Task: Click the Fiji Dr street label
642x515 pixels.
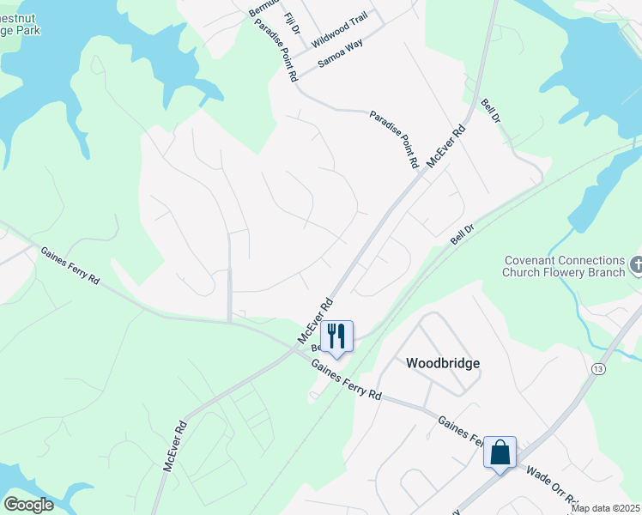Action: [294, 23]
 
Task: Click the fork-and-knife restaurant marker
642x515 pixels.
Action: [336, 336]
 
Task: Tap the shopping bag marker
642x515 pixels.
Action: [500, 451]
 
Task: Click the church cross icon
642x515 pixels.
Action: [635, 265]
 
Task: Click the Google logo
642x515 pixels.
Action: [27, 505]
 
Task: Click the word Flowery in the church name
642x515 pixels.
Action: [584, 274]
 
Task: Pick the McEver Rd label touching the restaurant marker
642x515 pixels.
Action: [314, 322]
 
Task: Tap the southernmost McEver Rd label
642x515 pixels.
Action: [175, 445]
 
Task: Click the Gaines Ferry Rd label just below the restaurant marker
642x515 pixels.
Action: [347, 380]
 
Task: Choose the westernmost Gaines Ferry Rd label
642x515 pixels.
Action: [70, 266]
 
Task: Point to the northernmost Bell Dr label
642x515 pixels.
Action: [490, 113]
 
